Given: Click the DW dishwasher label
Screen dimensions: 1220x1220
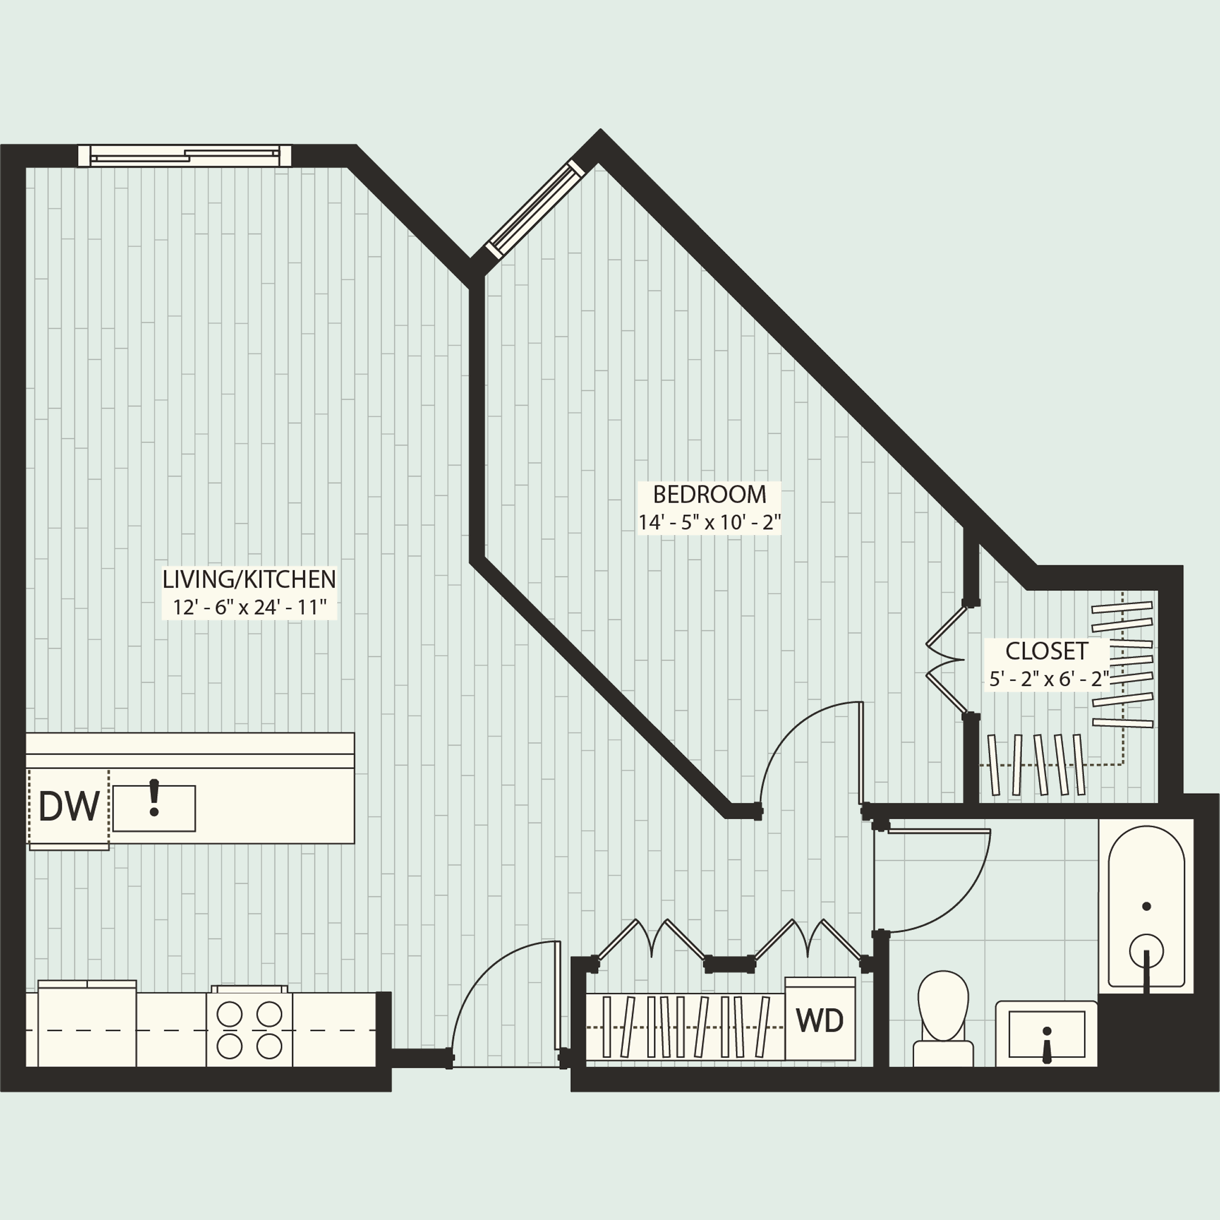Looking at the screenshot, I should [x=68, y=807].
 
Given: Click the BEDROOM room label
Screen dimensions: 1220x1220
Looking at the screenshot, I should [x=709, y=494].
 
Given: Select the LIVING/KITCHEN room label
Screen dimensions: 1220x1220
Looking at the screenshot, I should [x=249, y=579].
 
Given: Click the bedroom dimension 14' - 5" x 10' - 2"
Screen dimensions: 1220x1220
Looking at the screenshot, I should [x=709, y=523].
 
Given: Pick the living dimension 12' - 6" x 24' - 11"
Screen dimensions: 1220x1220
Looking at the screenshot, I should [x=249, y=608].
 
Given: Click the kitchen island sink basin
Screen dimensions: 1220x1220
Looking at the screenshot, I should [x=154, y=808].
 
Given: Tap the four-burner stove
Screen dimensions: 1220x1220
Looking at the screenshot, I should [x=250, y=1030].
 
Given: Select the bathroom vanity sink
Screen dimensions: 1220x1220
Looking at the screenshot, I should [x=1047, y=1034].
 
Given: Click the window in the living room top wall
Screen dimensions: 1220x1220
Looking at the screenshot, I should [x=184, y=155].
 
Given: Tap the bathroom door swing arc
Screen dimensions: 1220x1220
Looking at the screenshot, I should [x=947, y=897].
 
